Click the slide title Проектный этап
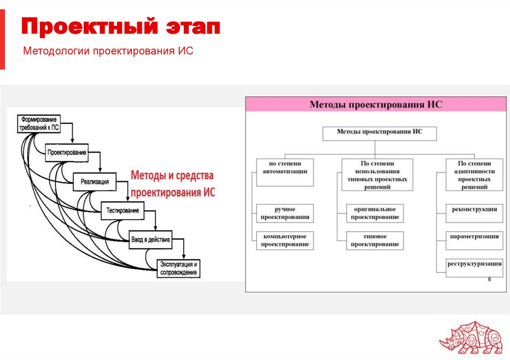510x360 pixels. (x=121, y=27)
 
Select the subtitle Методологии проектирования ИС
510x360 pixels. (x=109, y=51)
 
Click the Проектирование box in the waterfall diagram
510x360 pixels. (x=67, y=152)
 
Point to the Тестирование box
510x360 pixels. (x=123, y=211)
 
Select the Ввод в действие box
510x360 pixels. (x=150, y=240)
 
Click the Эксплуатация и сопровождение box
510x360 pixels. (x=179, y=268)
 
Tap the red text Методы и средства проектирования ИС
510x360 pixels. (x=172, y=184)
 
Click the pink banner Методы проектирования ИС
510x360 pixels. (x=376, y=105)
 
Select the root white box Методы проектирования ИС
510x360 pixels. (x=380, y=132)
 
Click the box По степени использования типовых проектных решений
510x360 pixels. (x=377, y=175)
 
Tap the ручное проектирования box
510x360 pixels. (x=285, y=213)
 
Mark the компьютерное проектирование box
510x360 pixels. (x=285, y=240)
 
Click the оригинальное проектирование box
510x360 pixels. (x=375, y=213)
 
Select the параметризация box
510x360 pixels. (x=474, y=237)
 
